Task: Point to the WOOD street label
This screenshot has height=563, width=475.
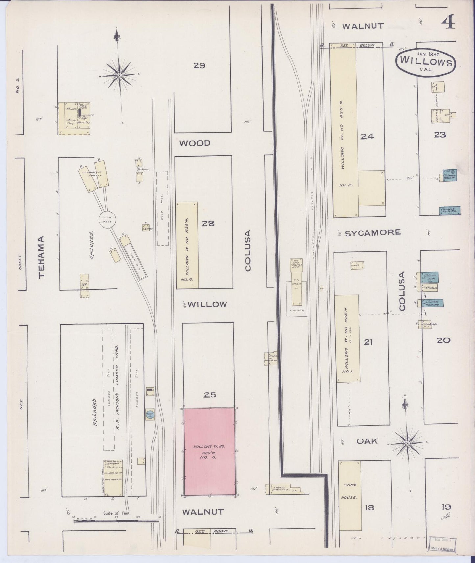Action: pyautogui.click(x=195, y=143)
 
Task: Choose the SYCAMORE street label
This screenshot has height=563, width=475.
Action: pyautogui.click(x=373, y=233)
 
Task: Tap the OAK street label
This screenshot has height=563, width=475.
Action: pyautogui.click(x=367, y=441)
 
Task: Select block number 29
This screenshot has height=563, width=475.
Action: pyautogui.click(x=199, y=66)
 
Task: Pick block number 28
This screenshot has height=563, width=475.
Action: pyautogui.click(x=208, y=224)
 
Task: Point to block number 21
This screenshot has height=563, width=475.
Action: pyautogui.click(x=368, y=342)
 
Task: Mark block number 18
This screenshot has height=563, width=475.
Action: pyautogui.click(x=369, y=507)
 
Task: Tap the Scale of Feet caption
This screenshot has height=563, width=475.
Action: pyautogui.click(x=117, y=513)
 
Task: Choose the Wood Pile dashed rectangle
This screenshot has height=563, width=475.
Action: pyautogui.click(x=162, y=209)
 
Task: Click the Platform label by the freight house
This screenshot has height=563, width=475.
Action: pyautogui.click(x=297, y=310)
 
